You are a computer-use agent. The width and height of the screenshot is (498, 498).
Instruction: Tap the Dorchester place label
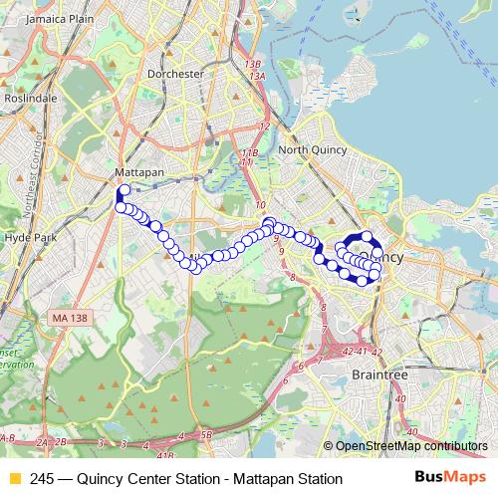click(174, 74)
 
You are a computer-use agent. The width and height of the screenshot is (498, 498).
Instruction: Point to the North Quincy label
click(311, 150)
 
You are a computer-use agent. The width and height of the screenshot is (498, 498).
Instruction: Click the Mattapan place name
click(138, 171)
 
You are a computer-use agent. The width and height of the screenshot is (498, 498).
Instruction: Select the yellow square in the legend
click(14, 479)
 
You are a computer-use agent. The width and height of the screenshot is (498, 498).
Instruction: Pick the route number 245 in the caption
click(43, 479)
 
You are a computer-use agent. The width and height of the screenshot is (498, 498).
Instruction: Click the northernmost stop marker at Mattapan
click(124, 190)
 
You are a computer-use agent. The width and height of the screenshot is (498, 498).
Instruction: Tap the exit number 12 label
click(264, 126)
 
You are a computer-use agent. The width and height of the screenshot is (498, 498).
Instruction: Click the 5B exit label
click(206, 434)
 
